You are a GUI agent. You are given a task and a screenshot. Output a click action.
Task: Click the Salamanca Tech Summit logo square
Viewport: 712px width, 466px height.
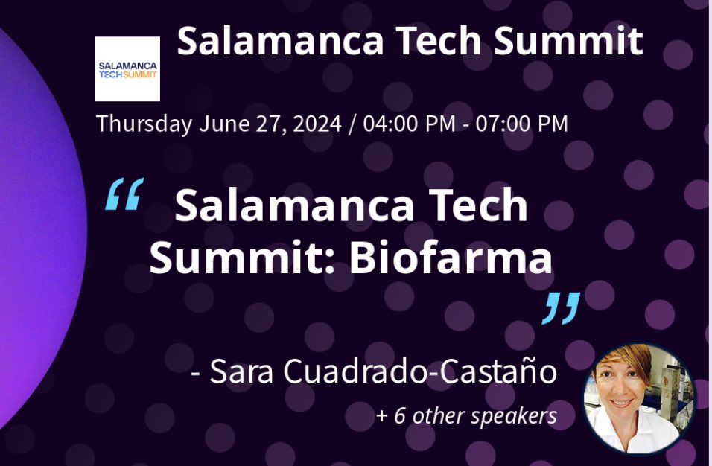(x=127, y=68)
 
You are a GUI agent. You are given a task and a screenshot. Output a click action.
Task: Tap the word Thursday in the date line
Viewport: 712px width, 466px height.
(x=144, y=124)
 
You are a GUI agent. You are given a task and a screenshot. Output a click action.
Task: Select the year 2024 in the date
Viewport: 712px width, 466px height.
(x=313, y=124)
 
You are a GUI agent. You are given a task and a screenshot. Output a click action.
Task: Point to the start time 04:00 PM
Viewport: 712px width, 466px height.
(x=409, y=124)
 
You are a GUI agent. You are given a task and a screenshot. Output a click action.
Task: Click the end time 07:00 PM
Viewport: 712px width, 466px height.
(x=522, y=124)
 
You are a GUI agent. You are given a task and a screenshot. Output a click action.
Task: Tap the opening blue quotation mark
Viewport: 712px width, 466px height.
(x=124, y=196)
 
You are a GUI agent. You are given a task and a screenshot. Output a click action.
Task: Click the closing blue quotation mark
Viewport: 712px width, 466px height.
(x=560, y=308)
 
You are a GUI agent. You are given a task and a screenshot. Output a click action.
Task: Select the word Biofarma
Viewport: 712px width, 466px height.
(x=452, y=258)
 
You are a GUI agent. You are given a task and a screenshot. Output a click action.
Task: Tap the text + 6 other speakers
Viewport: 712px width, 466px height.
(x=466, y=415)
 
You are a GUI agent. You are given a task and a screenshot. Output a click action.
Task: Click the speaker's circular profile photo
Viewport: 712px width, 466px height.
(x=638, y=398)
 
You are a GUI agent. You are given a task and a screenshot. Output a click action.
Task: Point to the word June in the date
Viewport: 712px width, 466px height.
(x=221, y=124)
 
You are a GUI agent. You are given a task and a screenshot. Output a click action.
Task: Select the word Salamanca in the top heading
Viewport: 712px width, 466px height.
(x=282, y=42)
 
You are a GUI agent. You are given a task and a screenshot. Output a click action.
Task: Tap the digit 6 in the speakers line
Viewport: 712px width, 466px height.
(x=399, y=415)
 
